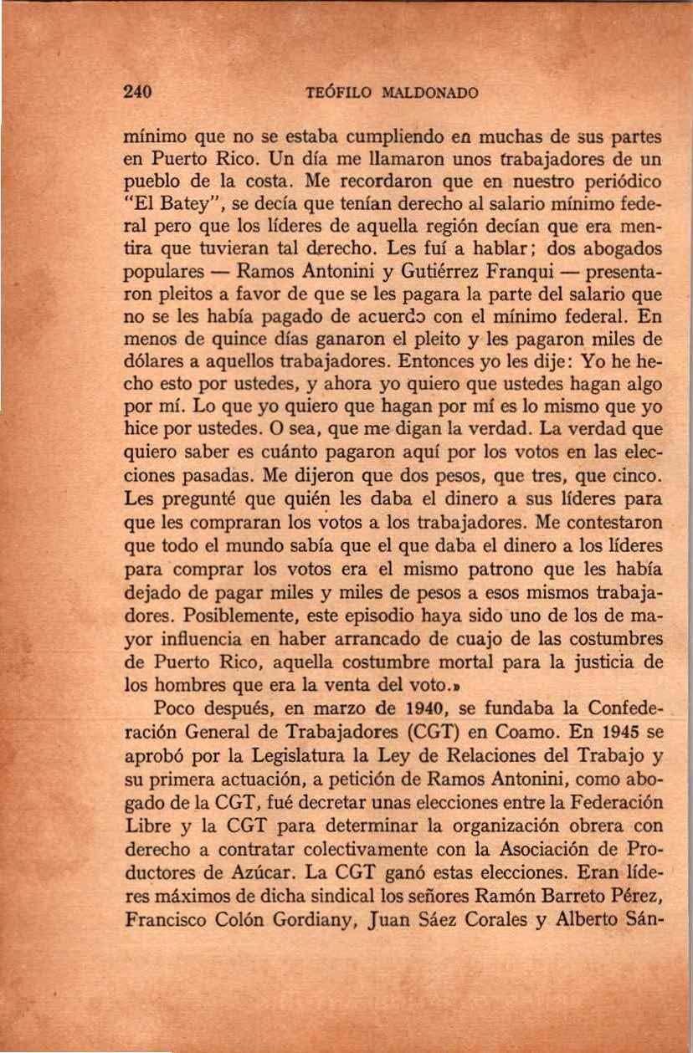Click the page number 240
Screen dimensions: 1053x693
point(136,92)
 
